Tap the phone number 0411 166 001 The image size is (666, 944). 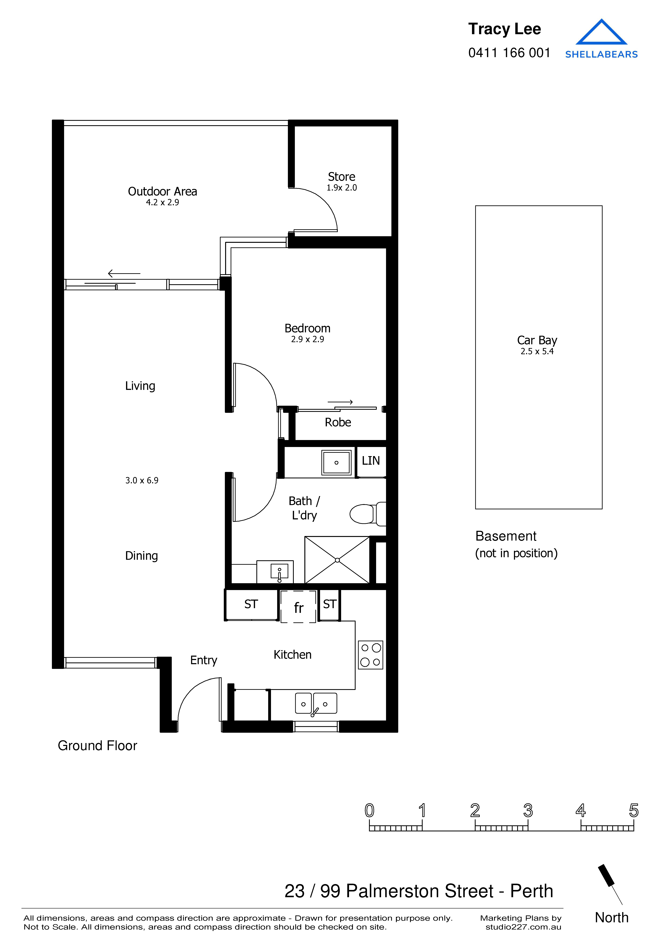[509, 53]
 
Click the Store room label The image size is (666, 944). [341, 177]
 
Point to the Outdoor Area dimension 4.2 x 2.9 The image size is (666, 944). [162, 202]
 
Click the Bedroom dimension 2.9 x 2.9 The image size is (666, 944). [307, 339]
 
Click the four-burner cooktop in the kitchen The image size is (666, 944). [370, 655]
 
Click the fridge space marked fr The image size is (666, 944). [298, 607]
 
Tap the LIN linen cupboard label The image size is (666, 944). [370, 461]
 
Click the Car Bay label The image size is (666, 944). [537, 340]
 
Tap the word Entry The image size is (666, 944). [204, 660]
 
